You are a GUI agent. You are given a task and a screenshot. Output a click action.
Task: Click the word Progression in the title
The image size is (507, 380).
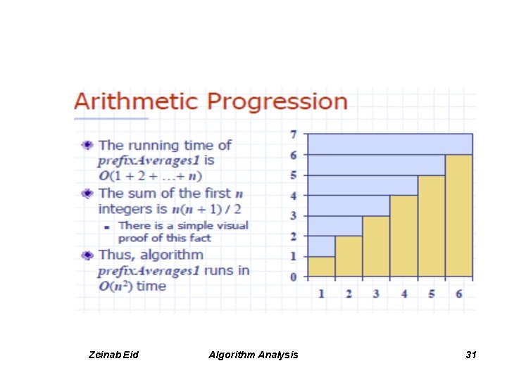[277, 103]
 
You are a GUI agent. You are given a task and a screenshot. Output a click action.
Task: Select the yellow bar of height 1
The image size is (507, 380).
[321, 267]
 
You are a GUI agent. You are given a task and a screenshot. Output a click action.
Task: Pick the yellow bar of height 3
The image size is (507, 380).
[376, 246]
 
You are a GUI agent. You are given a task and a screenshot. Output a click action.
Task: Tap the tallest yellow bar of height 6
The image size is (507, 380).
[458, 215]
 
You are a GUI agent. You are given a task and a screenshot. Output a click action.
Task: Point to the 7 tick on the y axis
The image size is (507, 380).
[294, 134]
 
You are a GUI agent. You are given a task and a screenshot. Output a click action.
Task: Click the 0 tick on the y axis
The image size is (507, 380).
[294, 277]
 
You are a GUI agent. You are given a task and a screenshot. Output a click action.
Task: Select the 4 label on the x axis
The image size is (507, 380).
[403, 293]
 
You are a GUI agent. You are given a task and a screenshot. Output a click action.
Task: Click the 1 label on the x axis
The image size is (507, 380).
[321, 293]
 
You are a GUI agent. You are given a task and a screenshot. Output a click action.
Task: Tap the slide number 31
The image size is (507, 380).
[471, 355]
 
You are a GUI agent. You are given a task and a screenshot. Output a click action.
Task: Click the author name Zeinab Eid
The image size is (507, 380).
[115, 355]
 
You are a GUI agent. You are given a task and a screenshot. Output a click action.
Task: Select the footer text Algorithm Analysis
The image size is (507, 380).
[253, 355]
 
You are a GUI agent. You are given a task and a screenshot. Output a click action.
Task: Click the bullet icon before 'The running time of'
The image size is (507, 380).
[87, 146]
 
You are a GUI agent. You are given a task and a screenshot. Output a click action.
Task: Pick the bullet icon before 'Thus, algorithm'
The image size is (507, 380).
[87, 255]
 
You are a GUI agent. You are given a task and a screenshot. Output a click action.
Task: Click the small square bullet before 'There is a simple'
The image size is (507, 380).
[106, 227]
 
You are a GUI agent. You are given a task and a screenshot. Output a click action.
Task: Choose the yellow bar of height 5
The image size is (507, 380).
[431, 225]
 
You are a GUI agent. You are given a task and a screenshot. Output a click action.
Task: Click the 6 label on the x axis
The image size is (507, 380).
[458, 293]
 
